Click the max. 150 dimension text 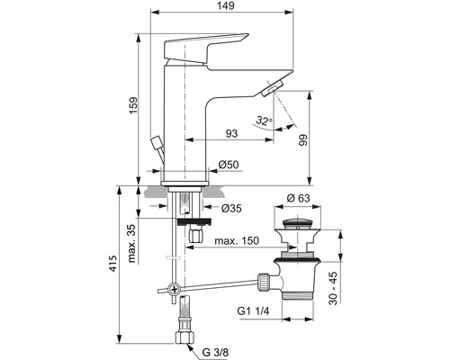pos(237,240)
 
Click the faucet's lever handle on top pos(207,44)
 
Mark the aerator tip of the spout pos(273,86)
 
